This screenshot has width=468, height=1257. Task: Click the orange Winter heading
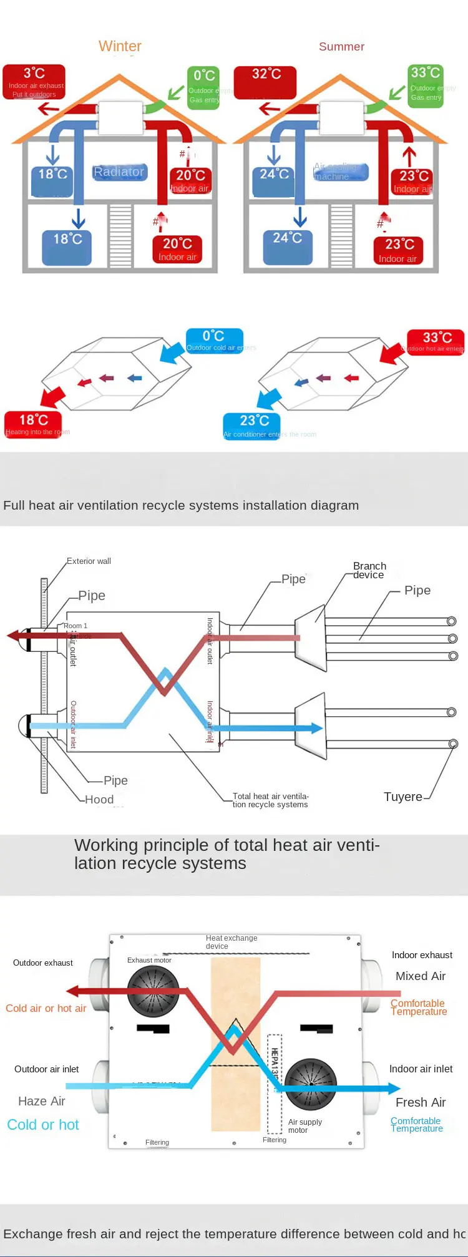pyautogui.click(x=120, y=46)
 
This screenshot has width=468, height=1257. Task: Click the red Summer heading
pyautogui.click(x=341, y=47)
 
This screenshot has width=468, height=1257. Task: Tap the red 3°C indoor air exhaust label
pyautogui.click(x=34, y=82)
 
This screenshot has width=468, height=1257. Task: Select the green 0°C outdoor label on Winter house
pyautogui.click(x=204, y=87)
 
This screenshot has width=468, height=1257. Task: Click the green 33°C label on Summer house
pyautogui.click(x=426, y=85)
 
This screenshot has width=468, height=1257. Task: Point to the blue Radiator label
pyautogui.click(x=119, y=172)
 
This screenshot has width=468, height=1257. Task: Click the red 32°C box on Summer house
pyautogui.click(x=265, y=82)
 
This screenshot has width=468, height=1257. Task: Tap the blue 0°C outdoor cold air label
pyautogui.click(x=214, y=341)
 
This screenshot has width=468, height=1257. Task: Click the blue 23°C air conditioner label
pyautogui.click(x=252, y=426)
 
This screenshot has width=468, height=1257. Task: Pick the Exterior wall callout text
pyautogui.click(x=89, y=561)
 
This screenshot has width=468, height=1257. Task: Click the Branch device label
pyautogui.click(x=369, y=570)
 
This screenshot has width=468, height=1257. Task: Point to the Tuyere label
pyautogui.click(x=402, y=797)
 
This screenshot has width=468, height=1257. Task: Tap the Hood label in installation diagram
pyautogui.click(x=99, y=799)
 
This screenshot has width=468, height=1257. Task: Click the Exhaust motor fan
pyautogui.click(x=153, y=992)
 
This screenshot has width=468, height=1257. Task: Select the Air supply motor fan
pyautogui.click(x=310, y=1084)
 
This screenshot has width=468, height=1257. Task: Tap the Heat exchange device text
pyautogui.click(x=231, y=942)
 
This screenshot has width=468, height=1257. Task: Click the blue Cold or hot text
pyautogui.click(x=43, y=1125)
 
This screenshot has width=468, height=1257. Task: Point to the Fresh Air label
pyautogui.click(x=421, y=1102)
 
